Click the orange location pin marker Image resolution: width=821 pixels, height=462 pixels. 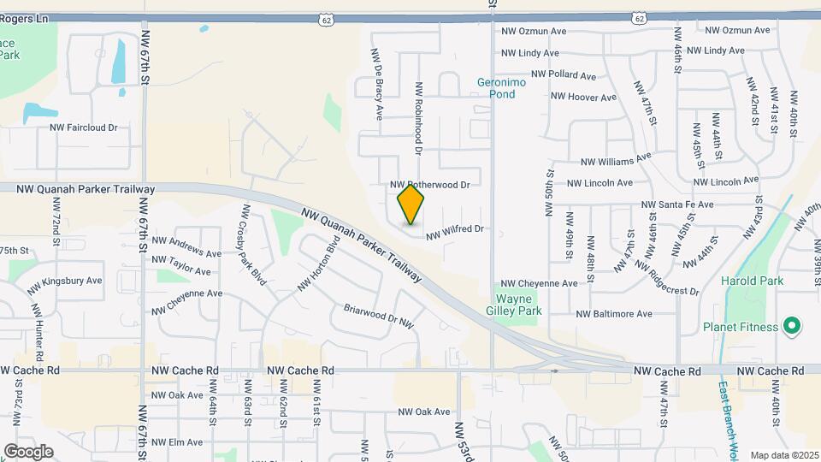pyautogui.click(x=411, y=204)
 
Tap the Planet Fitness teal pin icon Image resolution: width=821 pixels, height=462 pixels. pyautogui.click(x=792, y=326)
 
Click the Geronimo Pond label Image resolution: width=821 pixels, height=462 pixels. pyautogui.click(x=496, y=88)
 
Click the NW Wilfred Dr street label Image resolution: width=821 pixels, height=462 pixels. pyautogui.click(x=455, y=229)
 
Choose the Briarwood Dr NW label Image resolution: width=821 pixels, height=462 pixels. pyautogui.click(x=379, y=316)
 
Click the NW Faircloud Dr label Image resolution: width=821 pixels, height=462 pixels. pyautogui.click(x=83, y=127)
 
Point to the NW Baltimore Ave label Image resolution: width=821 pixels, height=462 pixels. pyautogui.click(x=614, y=314)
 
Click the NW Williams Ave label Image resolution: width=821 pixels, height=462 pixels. pyautogui.click(x=616, y=160)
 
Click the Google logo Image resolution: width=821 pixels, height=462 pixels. pyautogui.click(x=28, y=452)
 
